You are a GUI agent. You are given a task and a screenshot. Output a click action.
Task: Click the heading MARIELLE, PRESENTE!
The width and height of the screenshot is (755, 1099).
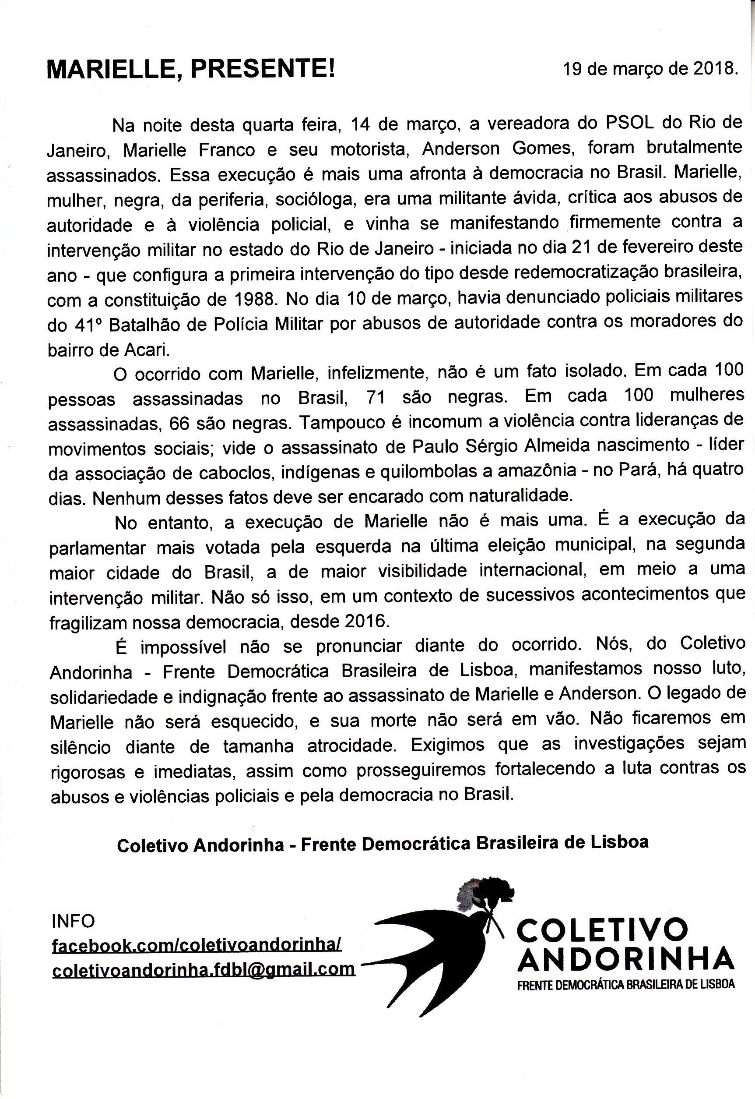point(191,70)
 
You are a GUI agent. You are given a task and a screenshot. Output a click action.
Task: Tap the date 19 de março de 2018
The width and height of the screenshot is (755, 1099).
point(650,69)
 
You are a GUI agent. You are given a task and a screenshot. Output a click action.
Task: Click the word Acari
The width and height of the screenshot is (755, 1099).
point(146,350)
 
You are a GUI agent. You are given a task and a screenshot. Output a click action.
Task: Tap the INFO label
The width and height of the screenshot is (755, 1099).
point(74,921)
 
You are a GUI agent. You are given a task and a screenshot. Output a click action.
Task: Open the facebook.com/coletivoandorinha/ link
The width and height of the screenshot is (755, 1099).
point(197,945)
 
